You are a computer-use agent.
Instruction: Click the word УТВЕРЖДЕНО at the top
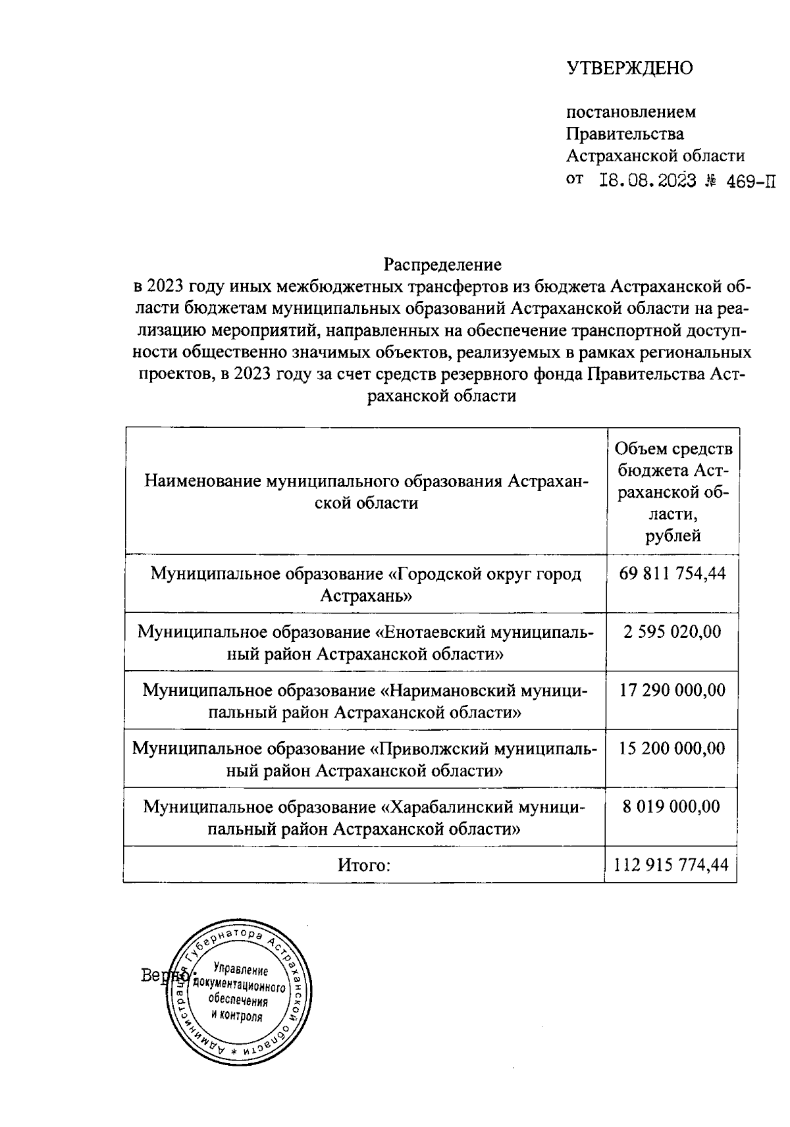click(630, 68)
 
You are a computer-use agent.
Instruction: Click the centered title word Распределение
click(442, 265)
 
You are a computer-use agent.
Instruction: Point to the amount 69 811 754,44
click(672, 574)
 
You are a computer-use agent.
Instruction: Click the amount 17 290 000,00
click(672, 690)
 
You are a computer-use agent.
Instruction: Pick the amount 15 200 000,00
click(672, 748)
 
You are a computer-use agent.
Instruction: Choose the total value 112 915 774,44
click(671, 865)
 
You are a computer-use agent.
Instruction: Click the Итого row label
click(364, 865)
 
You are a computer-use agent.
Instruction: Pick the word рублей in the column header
click(673, 536)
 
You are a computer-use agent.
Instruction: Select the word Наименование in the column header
click(202, 481)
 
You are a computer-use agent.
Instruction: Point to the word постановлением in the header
click(631, 112)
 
